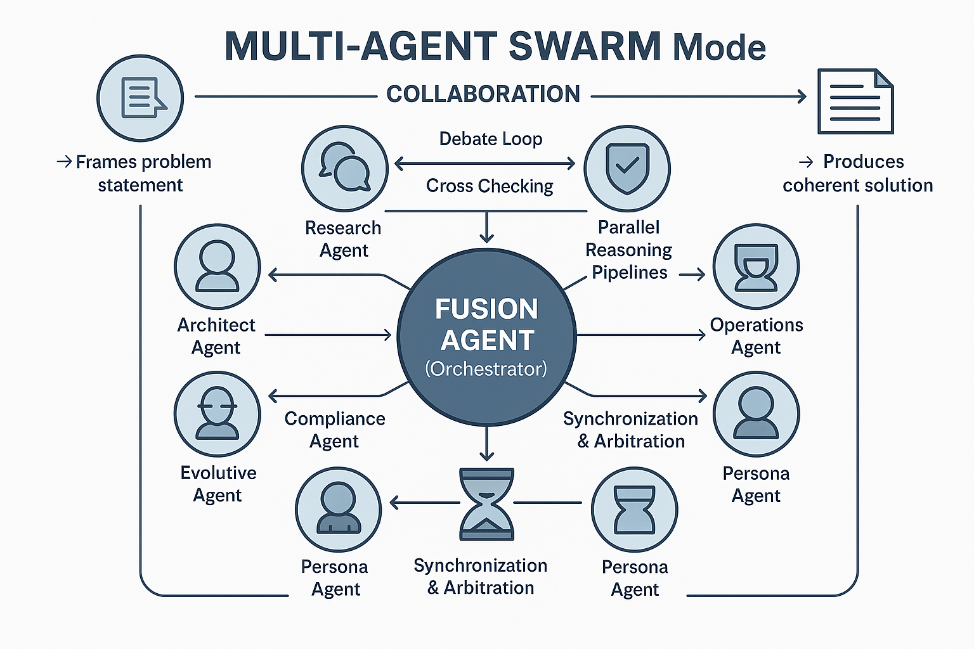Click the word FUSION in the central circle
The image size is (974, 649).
point(486,309)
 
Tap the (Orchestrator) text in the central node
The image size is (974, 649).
point(486,369)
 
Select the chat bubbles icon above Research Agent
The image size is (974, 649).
point(344,168)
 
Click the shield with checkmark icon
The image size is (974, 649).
point(627,168)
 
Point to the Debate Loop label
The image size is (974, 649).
point(490,139)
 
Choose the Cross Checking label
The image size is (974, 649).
point(490,186)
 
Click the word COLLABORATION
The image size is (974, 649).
point(483,94)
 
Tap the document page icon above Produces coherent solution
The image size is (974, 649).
point(855,101)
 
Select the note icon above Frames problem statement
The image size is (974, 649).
point(140,98)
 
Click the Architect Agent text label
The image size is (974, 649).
point(216,336)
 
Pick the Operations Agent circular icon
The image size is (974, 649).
point(756,267)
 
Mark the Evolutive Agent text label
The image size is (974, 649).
point(218,484)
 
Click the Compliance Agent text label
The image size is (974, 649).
point(334,430)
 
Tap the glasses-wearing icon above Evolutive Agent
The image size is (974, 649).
point(218,414)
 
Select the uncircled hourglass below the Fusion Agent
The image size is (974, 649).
point(486,504)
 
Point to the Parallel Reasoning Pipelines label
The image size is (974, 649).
point(628,250)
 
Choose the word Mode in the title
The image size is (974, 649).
point(719,48)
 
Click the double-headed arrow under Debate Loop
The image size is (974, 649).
point(484,164)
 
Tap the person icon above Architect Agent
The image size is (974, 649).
point(218,267)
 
